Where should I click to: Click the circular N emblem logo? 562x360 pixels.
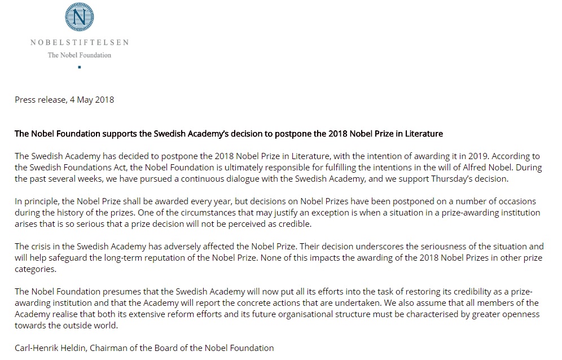point(80,17)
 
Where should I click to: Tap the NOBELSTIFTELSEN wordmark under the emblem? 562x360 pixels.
point(80,42)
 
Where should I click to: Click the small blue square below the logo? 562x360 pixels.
point(80,67)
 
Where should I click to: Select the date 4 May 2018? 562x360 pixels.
point(92,100)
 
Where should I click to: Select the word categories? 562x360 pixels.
point(35,269)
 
